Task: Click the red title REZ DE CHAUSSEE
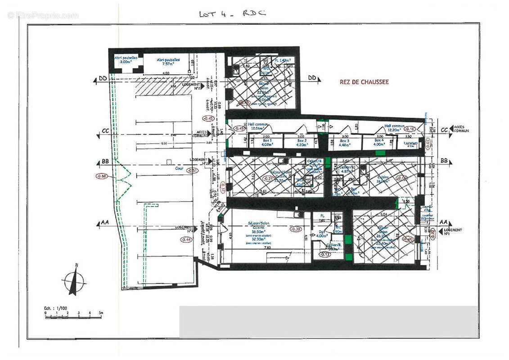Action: (365, 82)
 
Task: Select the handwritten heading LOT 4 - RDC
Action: (232, 13)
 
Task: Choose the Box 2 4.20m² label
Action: (301, 143)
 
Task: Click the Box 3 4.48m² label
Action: (345, 143)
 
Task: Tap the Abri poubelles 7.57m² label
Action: (168, 62)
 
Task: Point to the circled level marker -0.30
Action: (296, 229)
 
